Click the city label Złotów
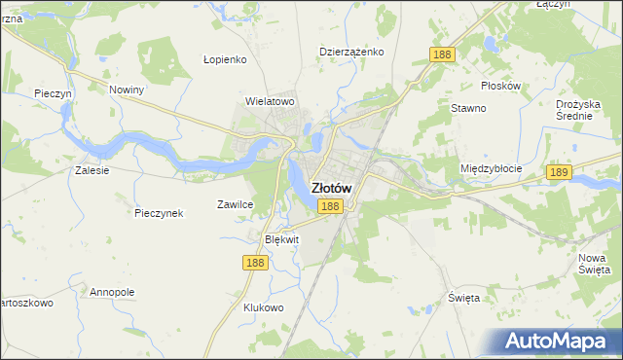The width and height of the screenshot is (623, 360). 331,188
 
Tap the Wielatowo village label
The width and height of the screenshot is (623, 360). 270,100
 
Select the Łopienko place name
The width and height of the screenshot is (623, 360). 226,58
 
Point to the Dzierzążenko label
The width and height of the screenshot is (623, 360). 352,52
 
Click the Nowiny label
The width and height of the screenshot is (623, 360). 127,90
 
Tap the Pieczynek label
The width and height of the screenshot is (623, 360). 160,213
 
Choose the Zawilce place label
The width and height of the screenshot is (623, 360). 235,204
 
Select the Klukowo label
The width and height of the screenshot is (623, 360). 263,307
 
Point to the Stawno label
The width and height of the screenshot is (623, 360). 468,108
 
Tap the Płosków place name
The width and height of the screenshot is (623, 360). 500,86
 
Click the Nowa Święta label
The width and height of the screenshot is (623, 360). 593,262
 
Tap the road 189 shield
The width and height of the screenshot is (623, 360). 558,172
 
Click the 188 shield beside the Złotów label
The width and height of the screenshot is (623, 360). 330,206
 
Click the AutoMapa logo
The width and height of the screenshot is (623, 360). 560,341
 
